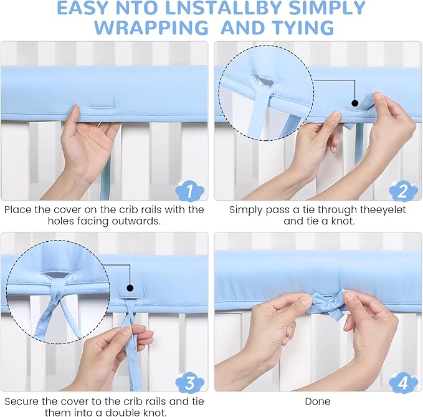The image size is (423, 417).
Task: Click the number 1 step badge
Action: pos(189,190)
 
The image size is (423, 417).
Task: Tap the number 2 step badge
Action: pos(403,190)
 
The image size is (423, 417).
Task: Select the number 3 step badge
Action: pos(189,382)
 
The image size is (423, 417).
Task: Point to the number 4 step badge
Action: pos(403,382)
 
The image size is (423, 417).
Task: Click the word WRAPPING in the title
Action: pos(151,27)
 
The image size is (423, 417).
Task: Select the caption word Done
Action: pos(318,401)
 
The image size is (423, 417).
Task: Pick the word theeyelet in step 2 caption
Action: pos(383,209)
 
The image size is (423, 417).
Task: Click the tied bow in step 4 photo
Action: pos(329,304)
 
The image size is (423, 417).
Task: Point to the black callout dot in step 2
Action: pos(355,103)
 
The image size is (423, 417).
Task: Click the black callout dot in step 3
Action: pos(130,288)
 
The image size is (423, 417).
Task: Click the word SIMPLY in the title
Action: pos(327,8)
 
